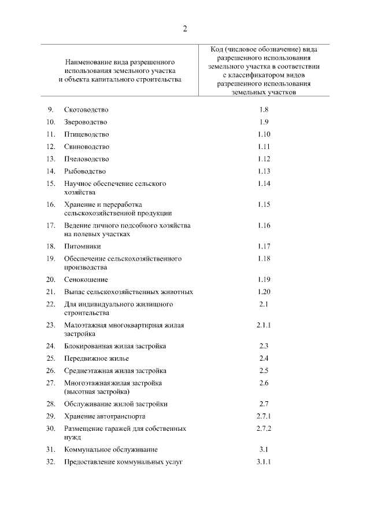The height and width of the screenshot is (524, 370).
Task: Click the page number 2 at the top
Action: [185, 30]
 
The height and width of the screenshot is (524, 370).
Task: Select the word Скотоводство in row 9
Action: [86, 109]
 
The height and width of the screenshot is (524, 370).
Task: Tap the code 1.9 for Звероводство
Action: [264, 122]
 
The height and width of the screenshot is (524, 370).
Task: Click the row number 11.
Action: [50, 134]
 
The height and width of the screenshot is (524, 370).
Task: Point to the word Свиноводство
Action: [87, 146]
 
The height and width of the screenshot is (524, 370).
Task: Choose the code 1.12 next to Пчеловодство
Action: [264, 159]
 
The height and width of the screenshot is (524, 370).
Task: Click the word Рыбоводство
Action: [85, 171]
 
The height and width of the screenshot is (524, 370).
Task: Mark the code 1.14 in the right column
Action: [264, 184]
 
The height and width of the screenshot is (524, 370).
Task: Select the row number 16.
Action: [50, 204]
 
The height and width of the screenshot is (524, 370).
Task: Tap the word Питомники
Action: [82, 246]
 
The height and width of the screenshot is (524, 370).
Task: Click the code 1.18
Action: [264, 258]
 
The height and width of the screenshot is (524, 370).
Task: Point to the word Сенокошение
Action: [86, 279]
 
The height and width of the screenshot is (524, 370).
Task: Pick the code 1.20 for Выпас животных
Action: [264, 292]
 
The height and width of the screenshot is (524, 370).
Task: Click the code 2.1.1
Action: [264, 325]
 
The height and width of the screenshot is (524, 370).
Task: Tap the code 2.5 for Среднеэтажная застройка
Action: [264, 371]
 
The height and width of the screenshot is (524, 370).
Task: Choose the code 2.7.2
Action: [264, 429]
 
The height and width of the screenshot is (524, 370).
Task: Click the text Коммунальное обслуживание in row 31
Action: [111, 450]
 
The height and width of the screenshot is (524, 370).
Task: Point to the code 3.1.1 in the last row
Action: [264, 462]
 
